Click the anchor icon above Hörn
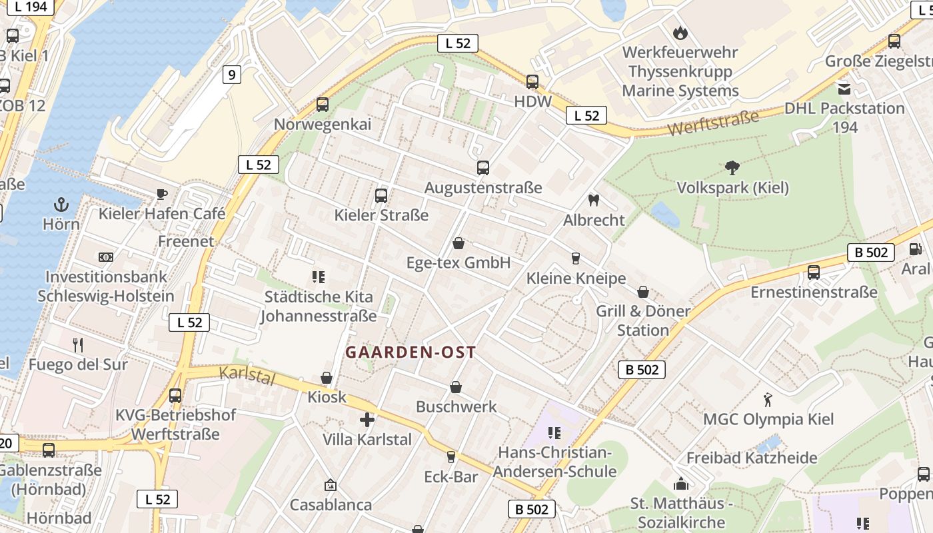tap(61, 204)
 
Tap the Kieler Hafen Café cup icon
tap(161, 194)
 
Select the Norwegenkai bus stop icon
tap(323, 105)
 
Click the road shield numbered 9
tap(231, 75)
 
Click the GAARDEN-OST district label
tap(411, 352)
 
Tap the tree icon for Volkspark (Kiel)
tap(732, 167)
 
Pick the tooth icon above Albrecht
tap(594, 200)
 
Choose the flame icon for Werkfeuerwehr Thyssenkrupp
tap(680, 32)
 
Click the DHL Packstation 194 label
tap(844, 117)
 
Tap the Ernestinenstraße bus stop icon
tap(813, 272)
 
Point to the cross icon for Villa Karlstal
tap(367, 420)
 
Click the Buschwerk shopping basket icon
tap(457, 386)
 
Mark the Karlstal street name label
tap(247, 375)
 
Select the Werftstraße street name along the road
tap(713, 123)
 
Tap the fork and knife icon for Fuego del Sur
tap(78, 344)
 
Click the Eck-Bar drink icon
tap(451, 457)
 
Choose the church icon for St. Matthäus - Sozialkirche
tap(680, 483)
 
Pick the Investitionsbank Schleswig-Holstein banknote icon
tap(105, 257)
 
